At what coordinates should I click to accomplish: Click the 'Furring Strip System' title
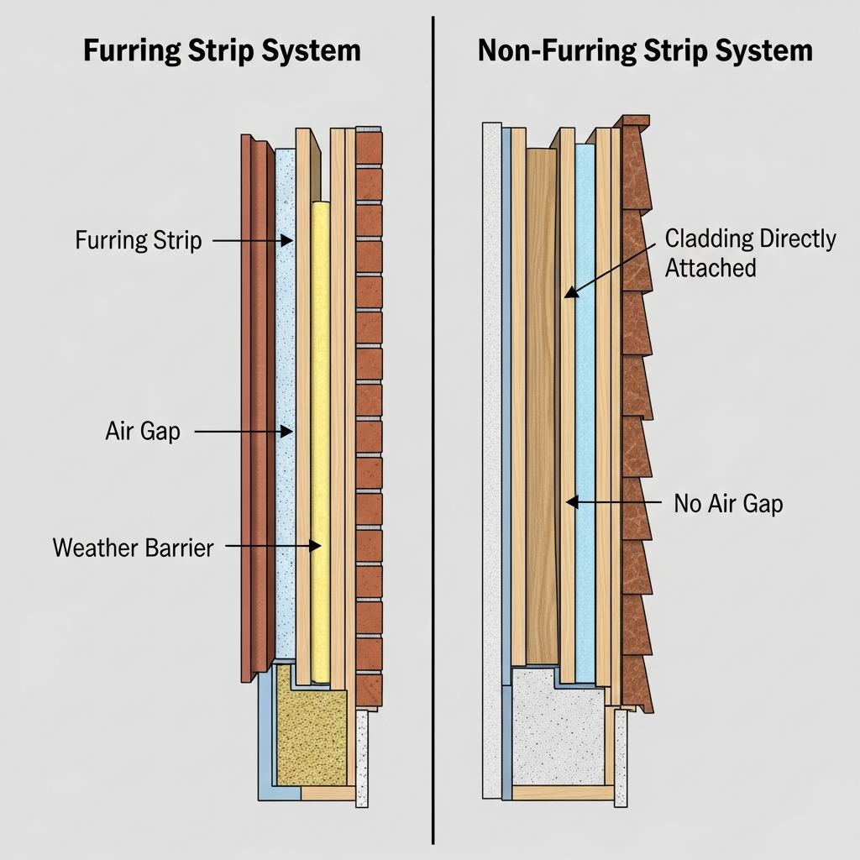point(222,50)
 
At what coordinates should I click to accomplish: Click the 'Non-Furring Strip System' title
point(645,50)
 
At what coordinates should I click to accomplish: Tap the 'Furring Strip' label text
point(139,241)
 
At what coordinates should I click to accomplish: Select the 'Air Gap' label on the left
point(143,433)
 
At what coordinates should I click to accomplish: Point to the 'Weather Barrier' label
point(134,548)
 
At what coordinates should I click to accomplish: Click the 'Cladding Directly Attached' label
point(750,253)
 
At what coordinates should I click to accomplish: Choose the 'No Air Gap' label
point(728,504)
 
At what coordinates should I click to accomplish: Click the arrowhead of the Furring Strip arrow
point(288,241)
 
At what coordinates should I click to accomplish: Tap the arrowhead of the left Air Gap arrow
point(288,432)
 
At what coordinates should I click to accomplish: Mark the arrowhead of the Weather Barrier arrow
point(317,545)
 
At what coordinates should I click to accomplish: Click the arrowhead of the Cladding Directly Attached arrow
point(569,293)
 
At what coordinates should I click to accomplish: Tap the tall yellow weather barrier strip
point(320,437)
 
